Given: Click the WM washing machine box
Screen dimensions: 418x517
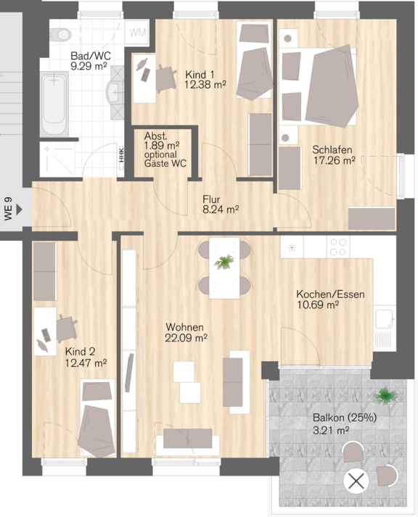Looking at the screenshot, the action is (137, 33).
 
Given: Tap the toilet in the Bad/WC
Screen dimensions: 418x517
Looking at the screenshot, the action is (60, 35).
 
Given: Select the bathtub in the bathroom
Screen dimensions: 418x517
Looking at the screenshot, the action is (54, 104).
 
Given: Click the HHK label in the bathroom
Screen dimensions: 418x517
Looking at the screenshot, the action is (121, 155).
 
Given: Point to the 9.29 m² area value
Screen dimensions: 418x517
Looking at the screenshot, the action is (89, 66).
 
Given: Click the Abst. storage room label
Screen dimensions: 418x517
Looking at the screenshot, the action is (155, 136).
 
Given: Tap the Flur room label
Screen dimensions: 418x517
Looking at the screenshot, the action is (211, 199).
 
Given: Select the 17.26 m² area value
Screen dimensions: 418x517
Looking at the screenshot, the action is (334, 160).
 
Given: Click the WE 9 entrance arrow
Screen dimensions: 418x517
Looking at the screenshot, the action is (20, 209).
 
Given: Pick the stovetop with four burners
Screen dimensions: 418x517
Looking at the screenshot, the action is (338, 247).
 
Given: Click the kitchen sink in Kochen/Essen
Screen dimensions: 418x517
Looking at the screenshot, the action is (384, 319).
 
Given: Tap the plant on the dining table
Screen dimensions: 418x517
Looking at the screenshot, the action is (224, 262).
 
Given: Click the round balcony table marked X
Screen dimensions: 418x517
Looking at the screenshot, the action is (356, 481).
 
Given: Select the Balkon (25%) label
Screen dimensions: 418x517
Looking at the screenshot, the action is (345, 418).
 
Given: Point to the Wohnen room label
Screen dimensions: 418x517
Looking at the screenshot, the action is (184, 327).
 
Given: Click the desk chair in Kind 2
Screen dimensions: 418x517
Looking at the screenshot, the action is (67, 328).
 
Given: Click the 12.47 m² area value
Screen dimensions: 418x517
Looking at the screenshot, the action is (86, 363).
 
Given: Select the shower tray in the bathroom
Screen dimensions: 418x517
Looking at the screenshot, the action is (57, 160).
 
